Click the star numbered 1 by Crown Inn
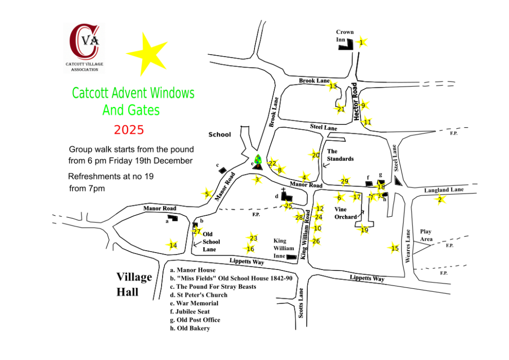[362, 42]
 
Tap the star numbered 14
[172, 245]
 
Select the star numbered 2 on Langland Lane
[440, 200]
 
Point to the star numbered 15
[395, 248]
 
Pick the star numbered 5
[207, 194]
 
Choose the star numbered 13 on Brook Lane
[333, 86]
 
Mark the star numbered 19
[364, 230]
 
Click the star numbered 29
[344, 181]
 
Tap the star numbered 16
[250, 249]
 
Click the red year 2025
[129, 130]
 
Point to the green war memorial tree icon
[257, 160]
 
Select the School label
[219, 134]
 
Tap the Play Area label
[426, 235]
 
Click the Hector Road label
[355, 102]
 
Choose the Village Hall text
[134, 284]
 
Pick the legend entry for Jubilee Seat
[195, 311]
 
